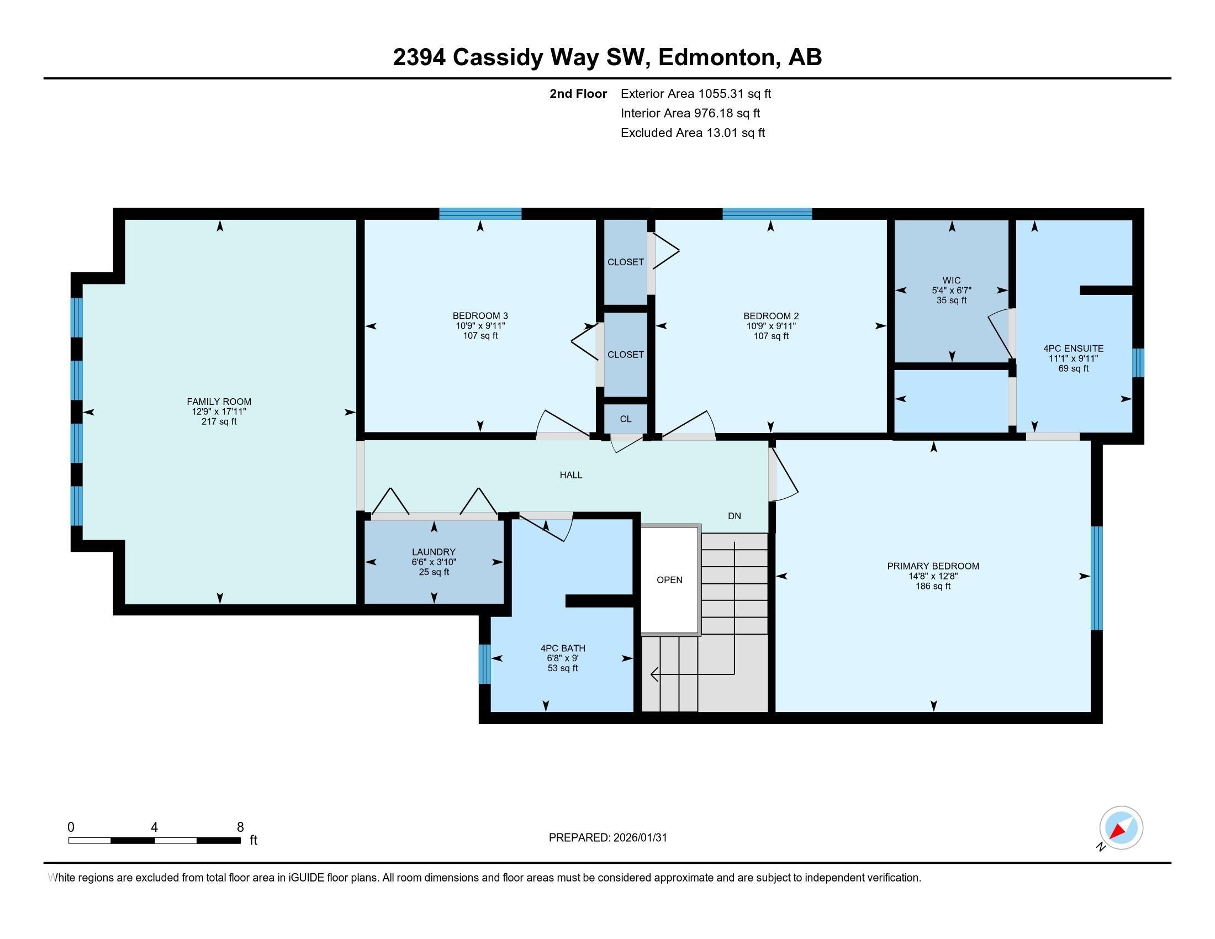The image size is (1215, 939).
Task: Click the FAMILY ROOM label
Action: point(219,401)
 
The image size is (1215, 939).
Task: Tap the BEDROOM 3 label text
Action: point(480,315)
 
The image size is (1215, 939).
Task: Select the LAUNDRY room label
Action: point(434,552)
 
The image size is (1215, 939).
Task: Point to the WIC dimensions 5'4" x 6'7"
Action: point(952,291)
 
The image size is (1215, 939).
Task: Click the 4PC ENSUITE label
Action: point(1073,348)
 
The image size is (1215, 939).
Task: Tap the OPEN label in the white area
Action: point(669,579)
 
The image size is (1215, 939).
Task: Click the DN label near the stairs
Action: point(735,516)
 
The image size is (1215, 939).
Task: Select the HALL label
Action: point(571,474)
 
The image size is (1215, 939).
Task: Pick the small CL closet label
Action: point(625,419)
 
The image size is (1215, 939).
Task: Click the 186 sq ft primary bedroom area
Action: point(933,585)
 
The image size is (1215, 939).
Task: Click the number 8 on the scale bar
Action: point(240,827)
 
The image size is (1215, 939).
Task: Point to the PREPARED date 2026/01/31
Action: point(607,837)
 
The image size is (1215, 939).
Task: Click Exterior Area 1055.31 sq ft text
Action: point(695,93)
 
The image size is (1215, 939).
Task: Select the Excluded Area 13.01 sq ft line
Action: point(693,133)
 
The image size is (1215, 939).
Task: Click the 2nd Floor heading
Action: point(578,93)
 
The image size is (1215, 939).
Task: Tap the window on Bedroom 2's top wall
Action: point(767,214)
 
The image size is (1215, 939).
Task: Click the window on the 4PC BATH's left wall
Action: point(484,663)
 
